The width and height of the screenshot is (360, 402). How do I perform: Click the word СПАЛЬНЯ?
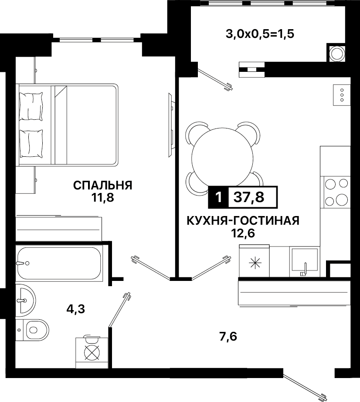(102, 185)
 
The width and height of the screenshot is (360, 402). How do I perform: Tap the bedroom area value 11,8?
(102, 198)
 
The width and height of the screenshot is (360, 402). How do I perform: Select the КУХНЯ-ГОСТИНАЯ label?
(243, 220)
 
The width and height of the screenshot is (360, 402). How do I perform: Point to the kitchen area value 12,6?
(243, 233)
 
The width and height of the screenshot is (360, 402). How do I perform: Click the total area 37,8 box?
(252, 197)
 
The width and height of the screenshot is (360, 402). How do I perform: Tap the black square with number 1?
(218, 197)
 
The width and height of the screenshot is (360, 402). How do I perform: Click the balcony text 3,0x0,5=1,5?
(260, 34)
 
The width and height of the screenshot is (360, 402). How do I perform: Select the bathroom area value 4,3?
(76, 309)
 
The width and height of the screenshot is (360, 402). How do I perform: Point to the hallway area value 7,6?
(228, 336)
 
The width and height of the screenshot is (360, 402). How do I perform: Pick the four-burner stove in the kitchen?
(336, 192)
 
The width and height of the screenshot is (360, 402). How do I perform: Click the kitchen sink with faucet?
(305, 261)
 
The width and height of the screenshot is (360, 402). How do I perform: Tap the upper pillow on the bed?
(31, 106)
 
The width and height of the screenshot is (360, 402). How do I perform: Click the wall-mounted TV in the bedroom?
(172, 125)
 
